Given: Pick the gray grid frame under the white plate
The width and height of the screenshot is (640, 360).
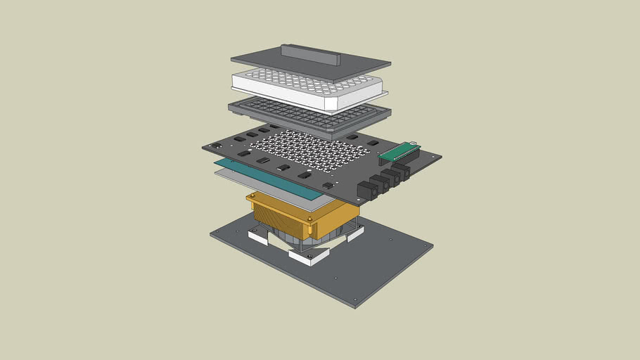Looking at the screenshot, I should pyautogui.click(x=309, y=116).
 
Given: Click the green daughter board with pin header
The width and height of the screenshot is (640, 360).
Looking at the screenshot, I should pyautogui.click(x=397, y=152).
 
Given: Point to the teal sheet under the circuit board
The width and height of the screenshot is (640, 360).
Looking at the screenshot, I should pyautogui.click(x=253, y=172).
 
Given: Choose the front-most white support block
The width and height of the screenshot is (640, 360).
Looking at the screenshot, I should pyautogui.click(x=310, y=258).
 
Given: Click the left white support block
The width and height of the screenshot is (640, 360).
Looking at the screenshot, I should pyautogui.click(x=257, y=238).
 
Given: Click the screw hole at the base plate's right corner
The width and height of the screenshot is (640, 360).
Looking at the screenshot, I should pyautogui.click(x=426, y=245).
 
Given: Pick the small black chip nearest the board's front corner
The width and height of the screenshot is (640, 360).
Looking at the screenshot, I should pyautogui.click(x=328, y=185).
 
